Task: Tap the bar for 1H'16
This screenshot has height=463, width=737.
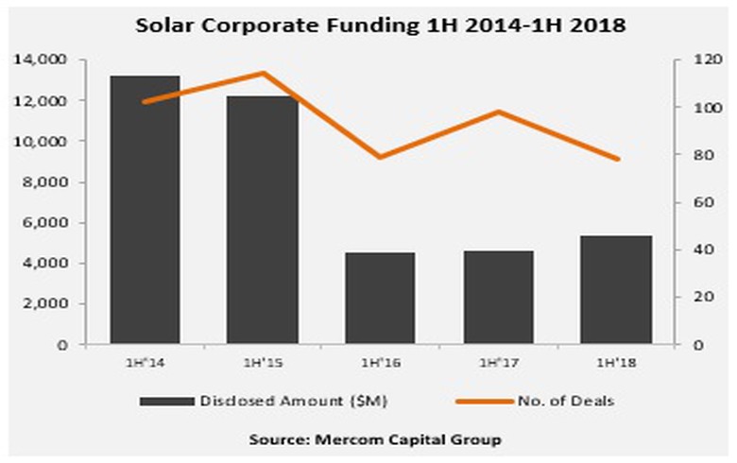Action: coord(381,299)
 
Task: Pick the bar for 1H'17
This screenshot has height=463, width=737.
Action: coord(499,298)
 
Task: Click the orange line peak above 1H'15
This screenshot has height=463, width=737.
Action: coord(263,73)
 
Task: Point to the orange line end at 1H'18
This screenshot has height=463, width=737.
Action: coord(618,159)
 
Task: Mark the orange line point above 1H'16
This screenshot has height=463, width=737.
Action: coord(381,157)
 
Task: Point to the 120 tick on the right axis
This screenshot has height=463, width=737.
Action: coord(691,60)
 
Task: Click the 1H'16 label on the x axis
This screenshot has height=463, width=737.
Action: coord(381,362)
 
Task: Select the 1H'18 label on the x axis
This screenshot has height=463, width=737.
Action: coord(617,362)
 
